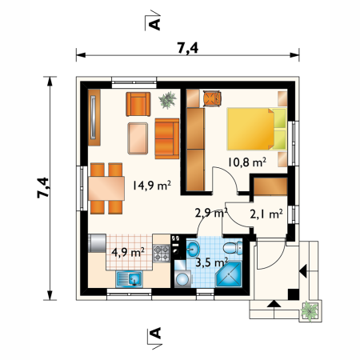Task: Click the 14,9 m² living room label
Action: click(x=152, y=185)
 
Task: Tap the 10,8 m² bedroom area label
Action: click(x=247, y=162)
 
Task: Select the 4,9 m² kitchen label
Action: click(x=128, y=252)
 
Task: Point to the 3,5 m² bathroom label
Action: click(x=211, y=262)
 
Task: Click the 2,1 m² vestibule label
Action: click(x=266, y=214)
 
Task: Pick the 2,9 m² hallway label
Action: click(x=211, y=213)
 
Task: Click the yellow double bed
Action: click(x=257, y=129)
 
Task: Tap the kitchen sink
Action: click(x=129, y=279)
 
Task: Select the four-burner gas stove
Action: click(x=162, y=253)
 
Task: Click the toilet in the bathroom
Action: click(x=233, y=248)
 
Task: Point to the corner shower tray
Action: click(x=229, y=274)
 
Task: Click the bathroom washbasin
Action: click(x=193, y=249)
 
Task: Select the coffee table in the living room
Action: click(x=138, y=138)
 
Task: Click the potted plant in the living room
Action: click(x=167, y=100)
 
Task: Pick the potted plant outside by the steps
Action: click(x=310, y=311)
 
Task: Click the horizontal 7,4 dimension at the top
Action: click(x=188, y=48)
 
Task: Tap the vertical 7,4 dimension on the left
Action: click(x=43, y=187)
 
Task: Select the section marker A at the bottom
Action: click(x=155, y=333)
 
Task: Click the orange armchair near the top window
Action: click(x=138, y=104)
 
